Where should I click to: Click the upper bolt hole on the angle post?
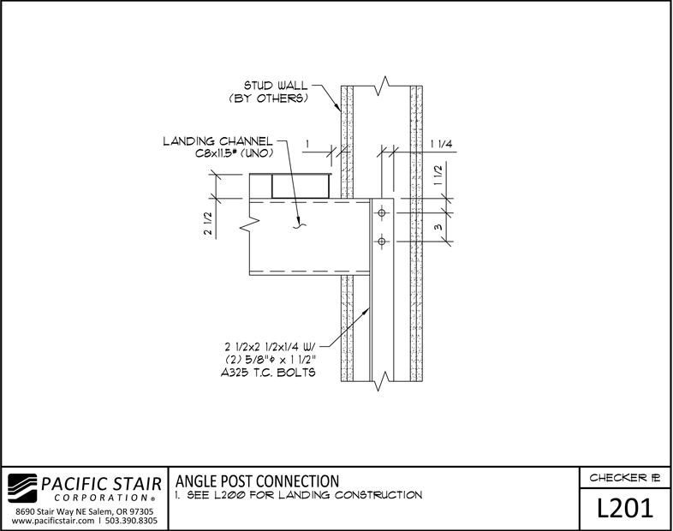[x=382, y=212]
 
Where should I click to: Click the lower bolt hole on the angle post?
[x=382, y=242]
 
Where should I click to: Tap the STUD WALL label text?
[x=276, y=86]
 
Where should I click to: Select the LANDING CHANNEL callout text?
[x=217, y=141]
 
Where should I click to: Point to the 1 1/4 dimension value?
[x=442, y=144]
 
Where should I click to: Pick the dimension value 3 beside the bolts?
[x=438, y=227]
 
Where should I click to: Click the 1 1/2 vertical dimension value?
[x=438, y=175]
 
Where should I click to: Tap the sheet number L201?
[x=625, y=508]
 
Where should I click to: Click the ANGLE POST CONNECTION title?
[x=257, y=480]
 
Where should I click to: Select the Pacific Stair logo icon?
[x=22, y=488]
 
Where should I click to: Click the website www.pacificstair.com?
[x=53, y=521]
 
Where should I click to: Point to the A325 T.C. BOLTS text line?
[x=268, y=373]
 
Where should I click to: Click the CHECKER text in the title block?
[x=617, y=477]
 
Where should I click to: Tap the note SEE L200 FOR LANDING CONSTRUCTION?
[x=305, y=495]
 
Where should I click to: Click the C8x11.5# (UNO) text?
[x=235, y=153]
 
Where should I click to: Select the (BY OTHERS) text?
[x=269, y=98]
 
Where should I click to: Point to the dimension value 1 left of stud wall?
[x=307, y=144]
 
